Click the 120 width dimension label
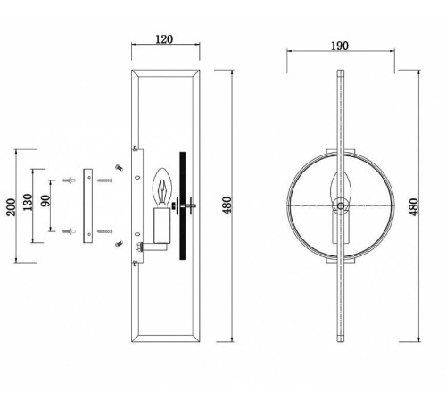(x=164, y=39)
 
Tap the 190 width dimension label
(x=340, y=46)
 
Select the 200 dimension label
(x=12, y=207)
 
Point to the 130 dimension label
(x=28, y=202)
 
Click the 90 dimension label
(x=45, y=200)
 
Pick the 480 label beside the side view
(x=227, y=205)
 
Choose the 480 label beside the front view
(x=414, y=207)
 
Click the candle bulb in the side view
(x=162, y=187)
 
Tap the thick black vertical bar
(x=183, y=205)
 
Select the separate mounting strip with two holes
(x=87, y=205)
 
